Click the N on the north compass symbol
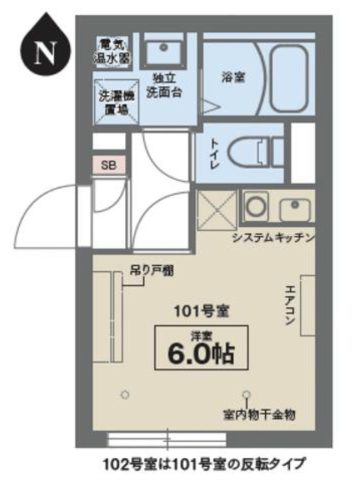coord(46,52)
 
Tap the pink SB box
coord(109,166)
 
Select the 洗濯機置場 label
coord(116,103)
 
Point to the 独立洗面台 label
coord(164,85)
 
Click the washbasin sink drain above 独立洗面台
coord(164,47)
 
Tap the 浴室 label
coord(234,77)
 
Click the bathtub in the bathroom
coord(289,79)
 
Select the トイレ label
coord(215,154)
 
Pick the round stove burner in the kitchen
coord(256,206)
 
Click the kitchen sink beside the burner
coord(295,209)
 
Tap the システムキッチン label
coord(273,238)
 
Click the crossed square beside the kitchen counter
coord(217,210)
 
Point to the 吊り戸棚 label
coord(152,271)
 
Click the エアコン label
coord(290,305)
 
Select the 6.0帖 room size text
coord(200,353)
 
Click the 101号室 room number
coord(202,311)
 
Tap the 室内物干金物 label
coord(259,415)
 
